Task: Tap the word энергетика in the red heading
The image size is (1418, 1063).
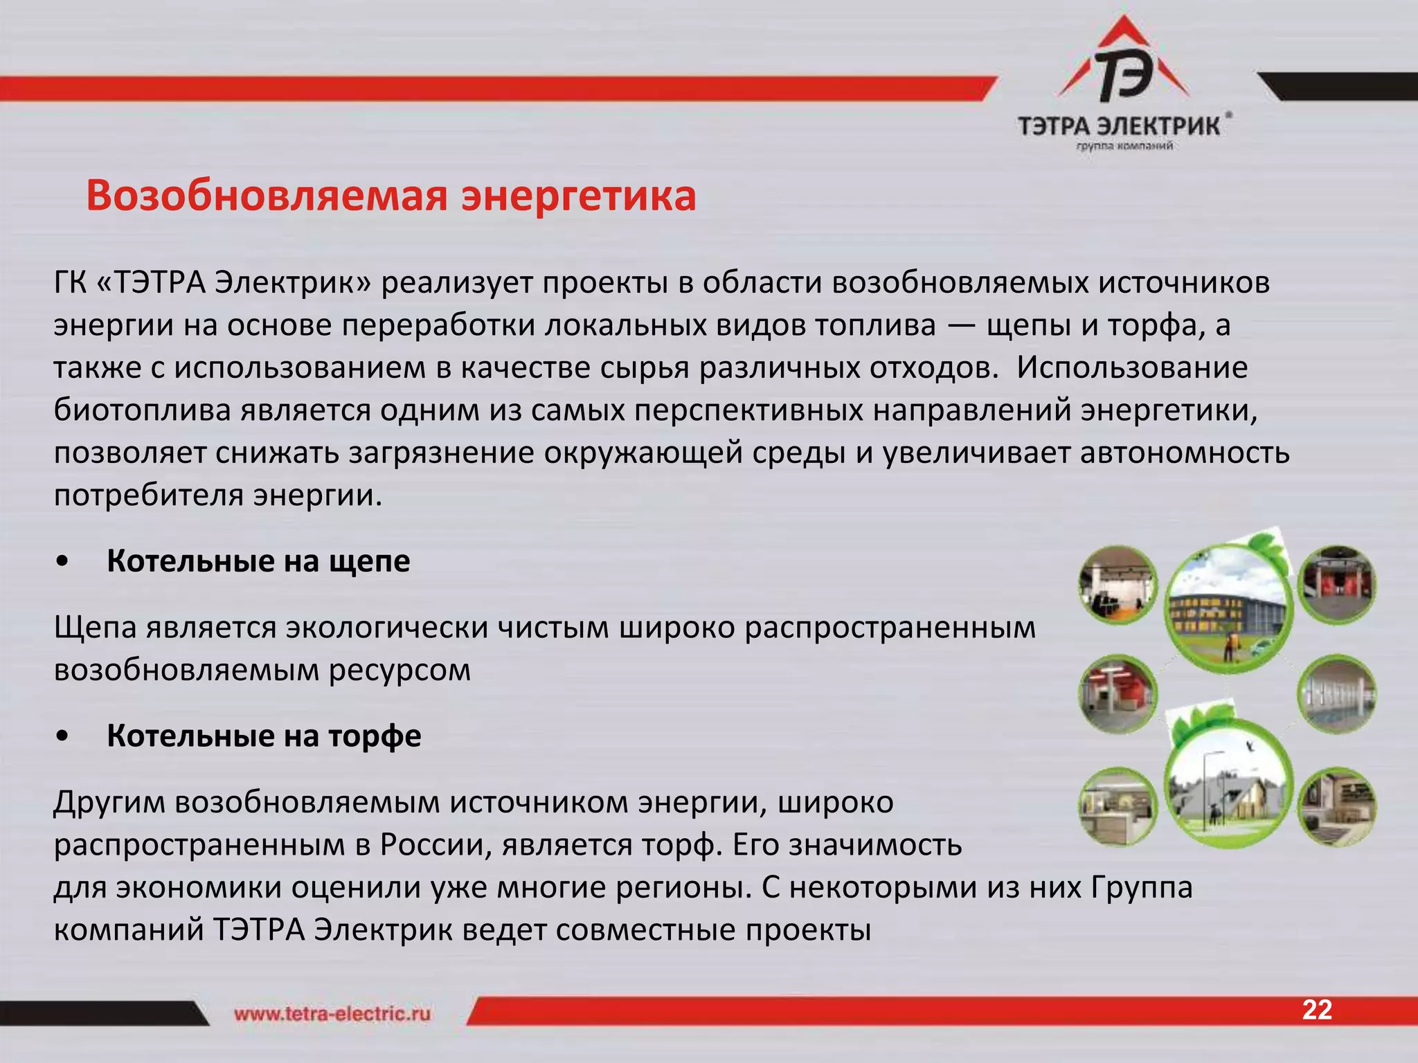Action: click(x=579, y=197)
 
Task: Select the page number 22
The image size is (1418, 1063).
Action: click(x=1316, y=1010)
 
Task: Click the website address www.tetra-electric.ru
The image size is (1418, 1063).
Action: click(x=332, y=1015)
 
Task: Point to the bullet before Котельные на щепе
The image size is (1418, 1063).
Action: click(x=63, y=563)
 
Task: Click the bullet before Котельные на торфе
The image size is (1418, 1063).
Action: click(x=63, y=737)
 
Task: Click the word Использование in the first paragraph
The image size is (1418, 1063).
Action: click(x=1132, y=368)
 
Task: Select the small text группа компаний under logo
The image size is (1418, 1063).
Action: click(x=1124, y=146)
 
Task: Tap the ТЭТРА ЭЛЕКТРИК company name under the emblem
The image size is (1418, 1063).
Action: click(x=1118, y=126)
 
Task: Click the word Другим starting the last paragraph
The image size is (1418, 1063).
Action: click(x=109, y=803)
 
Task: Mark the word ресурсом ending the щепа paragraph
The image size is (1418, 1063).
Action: click(x=400, y=671)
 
